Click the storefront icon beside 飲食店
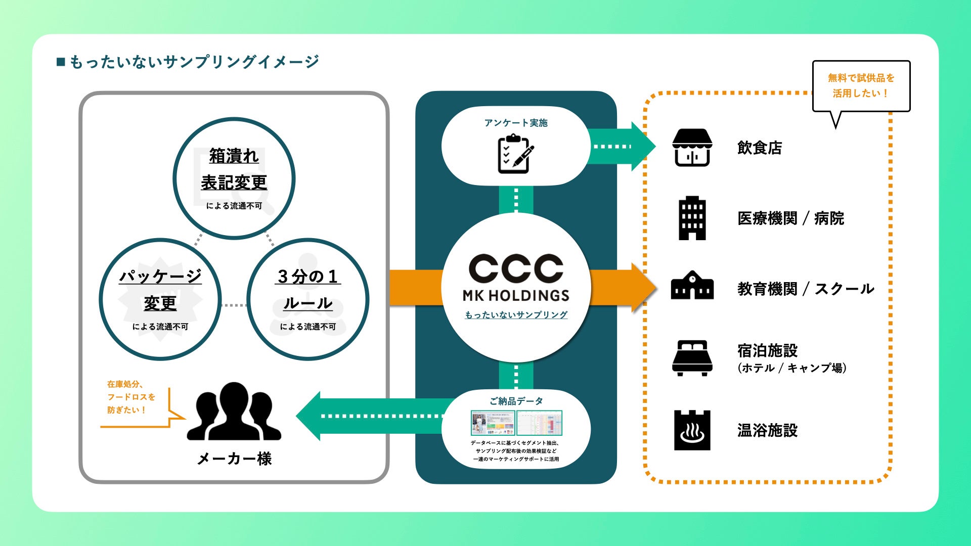click(692, 148)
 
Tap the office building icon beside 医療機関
click(692, 218)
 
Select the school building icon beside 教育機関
click(692, 286)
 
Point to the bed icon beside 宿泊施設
click(692, 358)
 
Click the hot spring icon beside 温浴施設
click(692, 430)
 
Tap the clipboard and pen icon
click(516, 153)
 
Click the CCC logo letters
click(516, 268)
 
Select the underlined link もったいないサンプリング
click(516, 315)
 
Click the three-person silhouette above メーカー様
click(234, 412)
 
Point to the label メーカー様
click(234, 459)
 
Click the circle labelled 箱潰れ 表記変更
click(234, 178)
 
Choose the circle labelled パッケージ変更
click(160, 299)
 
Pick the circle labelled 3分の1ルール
click(307, 299)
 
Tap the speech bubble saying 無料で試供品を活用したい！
click(861, 86)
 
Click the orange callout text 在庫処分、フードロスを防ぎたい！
click(131, 397)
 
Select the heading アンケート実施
click(516, 123)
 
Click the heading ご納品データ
click(516, 401)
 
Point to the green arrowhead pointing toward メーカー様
click(310, 416)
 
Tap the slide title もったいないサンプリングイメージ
click(194, 62)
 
